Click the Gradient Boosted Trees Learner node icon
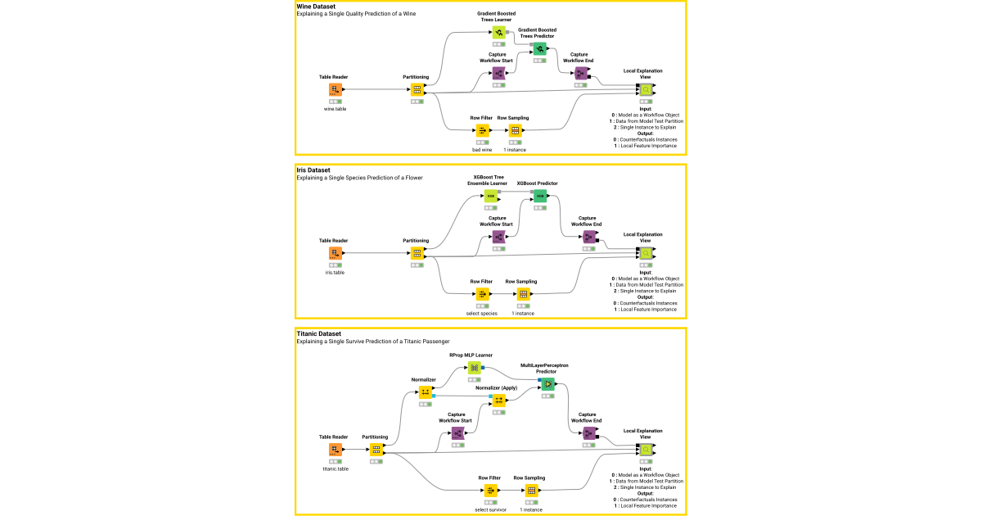click(498, 32)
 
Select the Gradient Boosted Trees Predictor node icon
click(539, 49)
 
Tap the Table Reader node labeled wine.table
click(335, 90)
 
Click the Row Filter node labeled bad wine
click(481, 131)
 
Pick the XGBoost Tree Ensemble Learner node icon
click(490, 196)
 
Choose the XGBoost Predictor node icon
click(539, 197)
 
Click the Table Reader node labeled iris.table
click(335, 253)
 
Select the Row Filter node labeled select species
click(481, 294)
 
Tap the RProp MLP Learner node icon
click(474, 368)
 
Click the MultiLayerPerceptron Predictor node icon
click(547, 384)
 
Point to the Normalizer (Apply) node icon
click(498, 400)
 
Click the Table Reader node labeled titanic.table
click(335, 450)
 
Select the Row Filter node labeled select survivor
click(490, 491)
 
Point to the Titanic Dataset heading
click(318, 333)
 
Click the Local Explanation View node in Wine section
click(646, 90)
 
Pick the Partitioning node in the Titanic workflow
click(376, 450)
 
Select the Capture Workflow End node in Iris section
click(588, 237)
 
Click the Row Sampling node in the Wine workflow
click(515, 131)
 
